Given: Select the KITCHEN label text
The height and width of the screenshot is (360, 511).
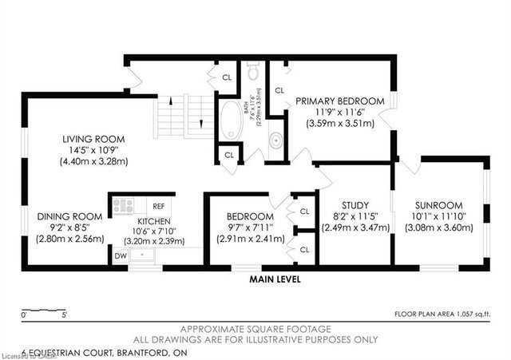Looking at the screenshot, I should click(x=154, y=220).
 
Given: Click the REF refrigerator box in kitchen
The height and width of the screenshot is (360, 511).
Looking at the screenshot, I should click(x=158, y=205).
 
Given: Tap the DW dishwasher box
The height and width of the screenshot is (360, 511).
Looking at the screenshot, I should click(x=120, y=256).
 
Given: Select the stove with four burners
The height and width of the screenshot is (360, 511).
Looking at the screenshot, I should click(x=123, y=205).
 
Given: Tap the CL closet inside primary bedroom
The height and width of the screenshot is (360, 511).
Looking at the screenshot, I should click(x=279, y=91).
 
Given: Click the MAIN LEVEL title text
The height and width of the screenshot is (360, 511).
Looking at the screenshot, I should click(x=275, y=279).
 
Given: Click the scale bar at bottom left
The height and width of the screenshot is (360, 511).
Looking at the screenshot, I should click(x=45, y=308).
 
